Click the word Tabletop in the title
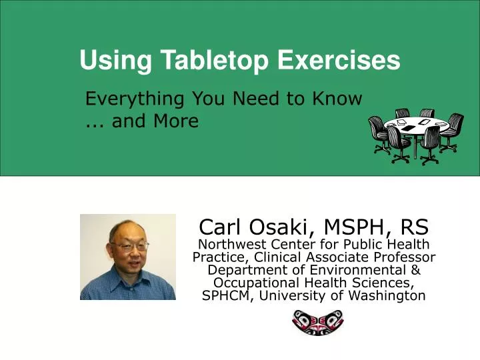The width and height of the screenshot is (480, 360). click(x=215, y=61)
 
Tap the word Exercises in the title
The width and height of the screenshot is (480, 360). click(x=338, y=61)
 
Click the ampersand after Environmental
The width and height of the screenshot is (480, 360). click(x=415, y=270)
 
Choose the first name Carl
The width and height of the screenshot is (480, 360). click(x=220, y=227)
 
